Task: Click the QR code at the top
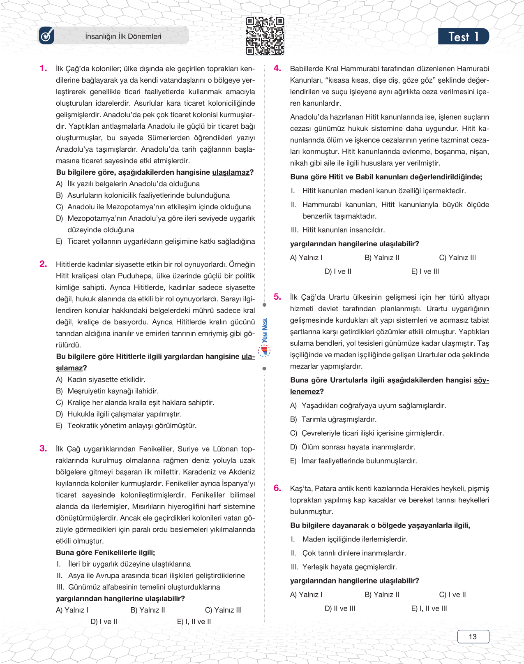click(x=265, y=36)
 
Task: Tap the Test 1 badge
click(x=463, y=37)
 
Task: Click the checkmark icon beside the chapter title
click(x=46, y=36)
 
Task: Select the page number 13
click(x=473, y=636)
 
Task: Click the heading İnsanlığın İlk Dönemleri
click(x=123, y=37)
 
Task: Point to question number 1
click(x=43, y=68)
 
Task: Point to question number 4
click(x=277, y=68)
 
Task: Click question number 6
click(x=277, y=488)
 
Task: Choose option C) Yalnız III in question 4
click(x=457, y=258)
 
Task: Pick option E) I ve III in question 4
click(x=425, y=271)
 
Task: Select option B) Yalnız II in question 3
click(x=148, y=610)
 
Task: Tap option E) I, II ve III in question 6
click(x=429, y=608)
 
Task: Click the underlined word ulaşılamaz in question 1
click(x=231, y=172)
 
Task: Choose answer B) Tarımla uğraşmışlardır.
click(x=333, y=419)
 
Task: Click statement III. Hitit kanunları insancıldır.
click(x=338, y=230)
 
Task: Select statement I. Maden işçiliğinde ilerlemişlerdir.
click(x=349, y=539)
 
